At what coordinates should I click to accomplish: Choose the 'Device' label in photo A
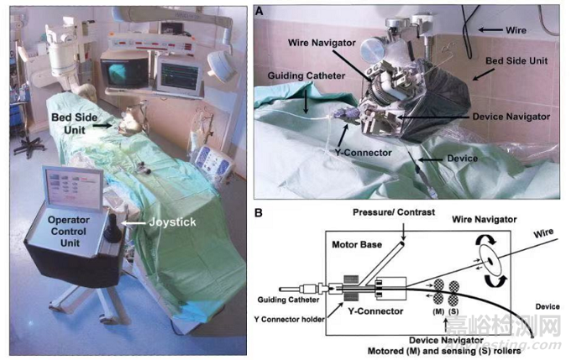point(462,157)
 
